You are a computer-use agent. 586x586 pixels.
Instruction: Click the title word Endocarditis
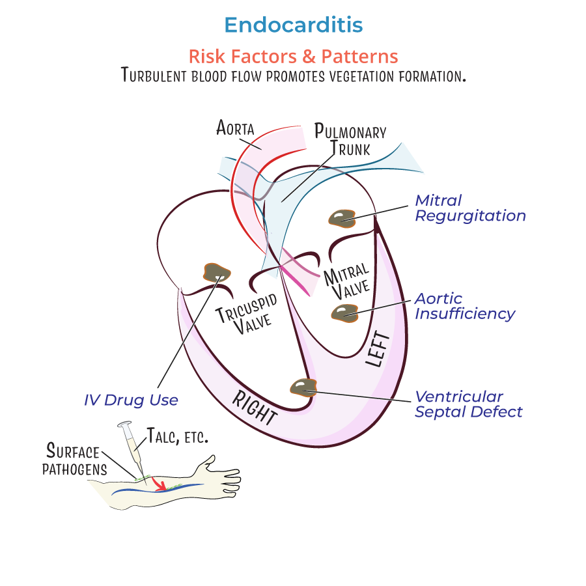click(293, 25)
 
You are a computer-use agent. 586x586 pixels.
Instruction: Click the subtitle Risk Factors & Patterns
click(293, 56)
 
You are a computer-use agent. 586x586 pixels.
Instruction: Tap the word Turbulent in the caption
click(154, 75)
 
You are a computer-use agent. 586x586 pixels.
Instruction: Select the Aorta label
click(234, 126)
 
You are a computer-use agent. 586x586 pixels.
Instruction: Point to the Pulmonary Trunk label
click(350, 139)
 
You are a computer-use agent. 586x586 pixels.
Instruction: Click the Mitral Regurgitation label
click(470, 208)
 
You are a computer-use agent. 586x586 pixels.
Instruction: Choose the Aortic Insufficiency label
click(465, 306)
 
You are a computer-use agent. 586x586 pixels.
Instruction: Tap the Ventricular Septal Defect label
click(468, 404)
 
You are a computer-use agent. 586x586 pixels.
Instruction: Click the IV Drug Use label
click(131, 400)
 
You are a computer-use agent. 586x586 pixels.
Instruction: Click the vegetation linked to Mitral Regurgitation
click(341, 218)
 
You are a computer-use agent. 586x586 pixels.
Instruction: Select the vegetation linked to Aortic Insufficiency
click(344, 313)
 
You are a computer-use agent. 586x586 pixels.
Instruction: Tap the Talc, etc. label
click(177, 436)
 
